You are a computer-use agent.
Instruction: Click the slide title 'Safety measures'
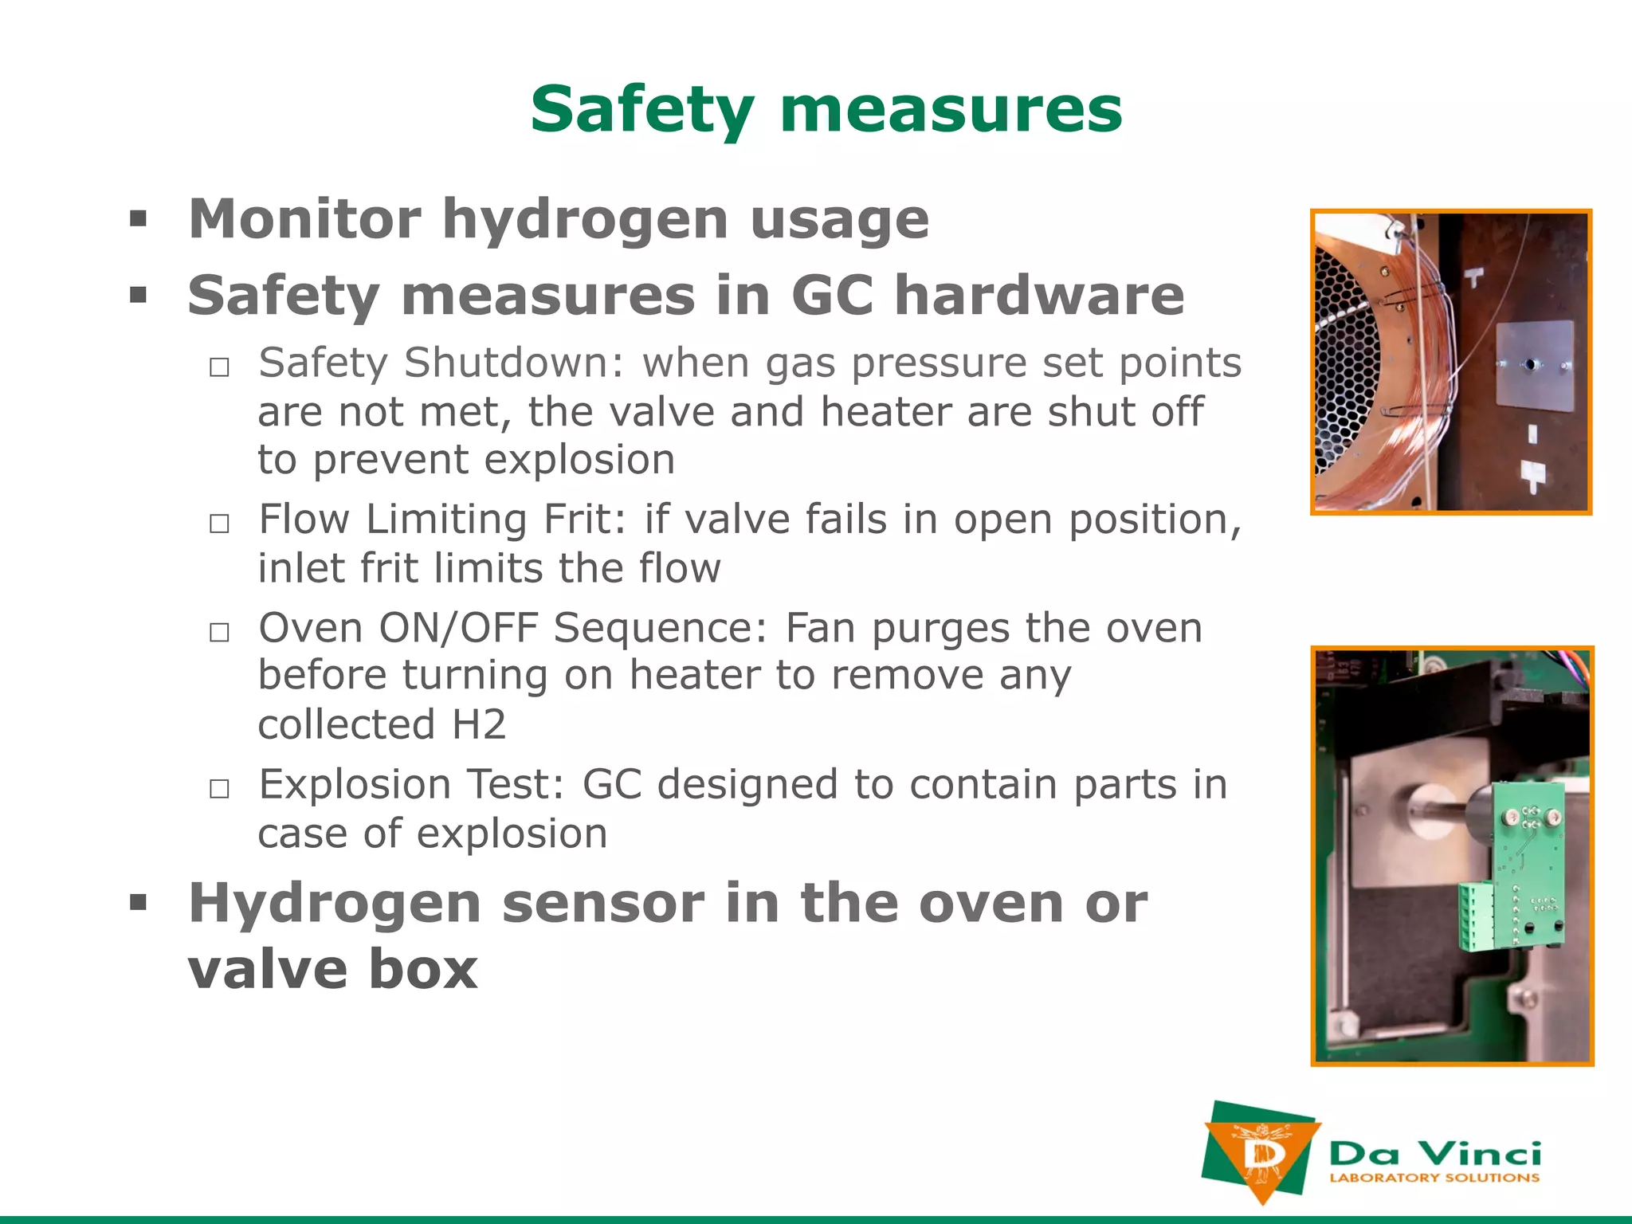826,109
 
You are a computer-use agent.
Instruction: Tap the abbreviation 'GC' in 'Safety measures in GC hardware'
831,296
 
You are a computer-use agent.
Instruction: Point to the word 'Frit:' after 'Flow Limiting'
585,520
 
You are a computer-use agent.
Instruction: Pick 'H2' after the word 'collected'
479,725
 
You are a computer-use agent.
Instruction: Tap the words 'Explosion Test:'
411,785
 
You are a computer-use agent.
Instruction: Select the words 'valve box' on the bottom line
332,970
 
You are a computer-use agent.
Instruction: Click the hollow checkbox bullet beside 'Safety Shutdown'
219,367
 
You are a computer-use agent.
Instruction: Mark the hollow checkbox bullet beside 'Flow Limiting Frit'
219,524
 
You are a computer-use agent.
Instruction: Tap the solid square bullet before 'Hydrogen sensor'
139,903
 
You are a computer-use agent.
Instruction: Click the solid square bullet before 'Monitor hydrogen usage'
139,218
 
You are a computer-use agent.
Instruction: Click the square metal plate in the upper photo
1534,367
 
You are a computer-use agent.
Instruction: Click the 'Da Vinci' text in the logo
1435,1154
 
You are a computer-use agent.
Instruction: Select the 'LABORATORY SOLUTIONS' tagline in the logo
1434,1178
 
